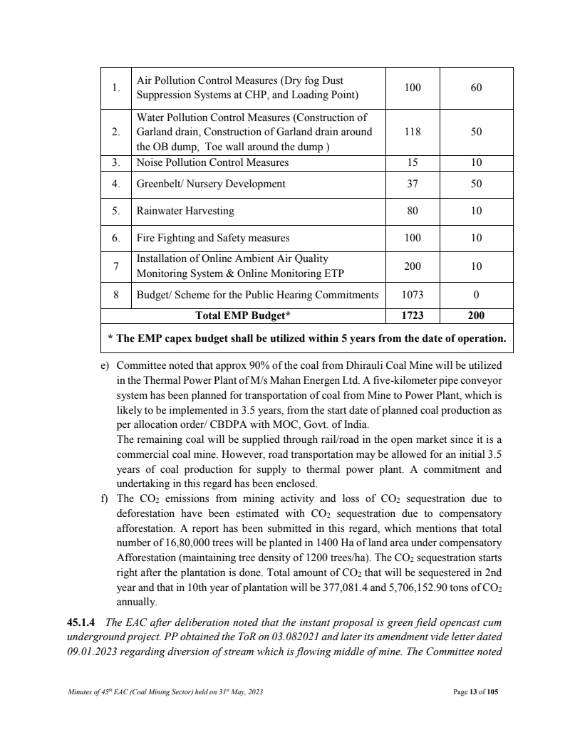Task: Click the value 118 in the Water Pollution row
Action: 413,132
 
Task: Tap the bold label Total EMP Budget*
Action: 243,313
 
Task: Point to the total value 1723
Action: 413,313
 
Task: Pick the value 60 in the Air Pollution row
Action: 476,88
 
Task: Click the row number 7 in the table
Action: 115,266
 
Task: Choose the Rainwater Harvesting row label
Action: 185,211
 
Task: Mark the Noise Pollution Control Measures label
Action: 212,163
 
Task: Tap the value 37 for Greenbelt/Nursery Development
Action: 413,184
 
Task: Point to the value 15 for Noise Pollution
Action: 413,163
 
